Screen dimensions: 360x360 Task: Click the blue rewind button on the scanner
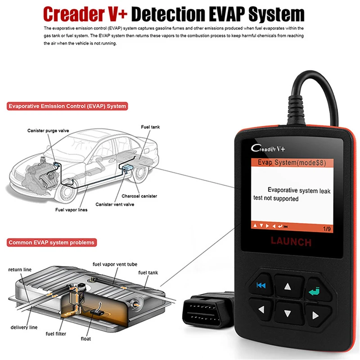tap(261, 284)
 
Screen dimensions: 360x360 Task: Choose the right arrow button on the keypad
tap(315, 311)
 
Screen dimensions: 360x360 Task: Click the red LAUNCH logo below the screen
tap(291, 242)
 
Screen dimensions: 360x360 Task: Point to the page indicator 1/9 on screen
tap(324, 229)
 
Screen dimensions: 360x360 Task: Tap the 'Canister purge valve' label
tap(48, 130)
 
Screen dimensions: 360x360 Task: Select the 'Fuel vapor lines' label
tap(71, 210)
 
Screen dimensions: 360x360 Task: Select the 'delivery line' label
tap(24, 327)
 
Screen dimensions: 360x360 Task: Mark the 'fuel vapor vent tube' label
tap(115, 264)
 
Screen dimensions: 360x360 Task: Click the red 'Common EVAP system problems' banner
tap(52, 243)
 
